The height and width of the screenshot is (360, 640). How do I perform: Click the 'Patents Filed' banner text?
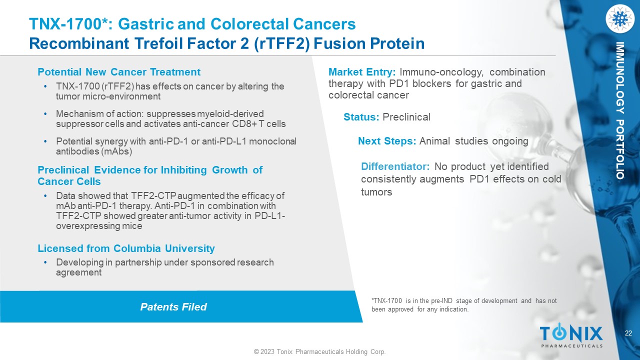tap(173, 307)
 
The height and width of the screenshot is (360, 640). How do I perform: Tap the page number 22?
tap(628, 333)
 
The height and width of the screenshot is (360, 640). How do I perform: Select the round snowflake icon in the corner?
tap(620, 19)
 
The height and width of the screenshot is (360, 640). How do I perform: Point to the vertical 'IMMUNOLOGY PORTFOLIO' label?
tap(620, 110)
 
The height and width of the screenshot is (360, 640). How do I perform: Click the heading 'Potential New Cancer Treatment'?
tap(119, 72)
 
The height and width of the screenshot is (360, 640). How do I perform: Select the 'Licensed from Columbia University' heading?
tap(126, 248)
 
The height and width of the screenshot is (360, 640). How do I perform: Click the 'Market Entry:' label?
tap(362, 72)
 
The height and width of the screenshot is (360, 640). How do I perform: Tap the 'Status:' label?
tap(361, 117)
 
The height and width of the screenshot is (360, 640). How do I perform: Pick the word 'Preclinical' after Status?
tap(406, 117)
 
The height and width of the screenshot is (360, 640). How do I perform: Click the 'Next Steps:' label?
tap(387, 141)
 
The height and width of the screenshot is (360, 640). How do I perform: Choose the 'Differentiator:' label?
tap(395, 166)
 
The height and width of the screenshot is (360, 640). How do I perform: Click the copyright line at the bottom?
tap(319, 351)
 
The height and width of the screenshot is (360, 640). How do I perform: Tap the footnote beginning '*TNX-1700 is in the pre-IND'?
tap(464, 305)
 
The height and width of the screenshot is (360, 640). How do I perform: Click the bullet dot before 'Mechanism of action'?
tap(45, 114)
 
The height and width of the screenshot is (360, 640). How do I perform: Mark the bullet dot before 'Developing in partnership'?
tap(45, 262)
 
